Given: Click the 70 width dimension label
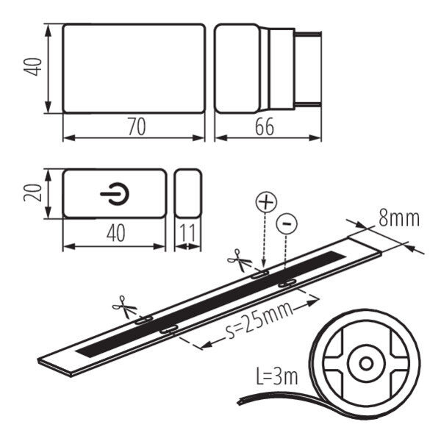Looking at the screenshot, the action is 137,127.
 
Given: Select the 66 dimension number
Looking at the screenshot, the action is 265,127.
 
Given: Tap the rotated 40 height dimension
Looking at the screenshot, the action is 33,67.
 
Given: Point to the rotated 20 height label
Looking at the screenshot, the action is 32,193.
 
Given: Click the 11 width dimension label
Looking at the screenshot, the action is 187,233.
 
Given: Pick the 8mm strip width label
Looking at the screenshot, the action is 399,218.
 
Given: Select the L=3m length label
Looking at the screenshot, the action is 277,376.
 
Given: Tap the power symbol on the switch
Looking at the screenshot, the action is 115,194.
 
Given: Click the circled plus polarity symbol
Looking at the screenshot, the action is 266,202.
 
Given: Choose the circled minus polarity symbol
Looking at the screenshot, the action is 287,224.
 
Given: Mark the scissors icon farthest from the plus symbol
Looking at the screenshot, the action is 124,307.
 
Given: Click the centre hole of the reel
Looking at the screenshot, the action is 367,364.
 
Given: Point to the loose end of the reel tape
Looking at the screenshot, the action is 240,402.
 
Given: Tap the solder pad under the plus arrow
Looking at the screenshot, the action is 260,274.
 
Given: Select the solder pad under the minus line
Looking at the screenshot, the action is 287,283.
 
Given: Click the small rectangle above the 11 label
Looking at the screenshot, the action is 188,193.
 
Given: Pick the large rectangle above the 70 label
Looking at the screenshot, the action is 134,68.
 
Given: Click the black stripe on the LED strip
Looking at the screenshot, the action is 210,304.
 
